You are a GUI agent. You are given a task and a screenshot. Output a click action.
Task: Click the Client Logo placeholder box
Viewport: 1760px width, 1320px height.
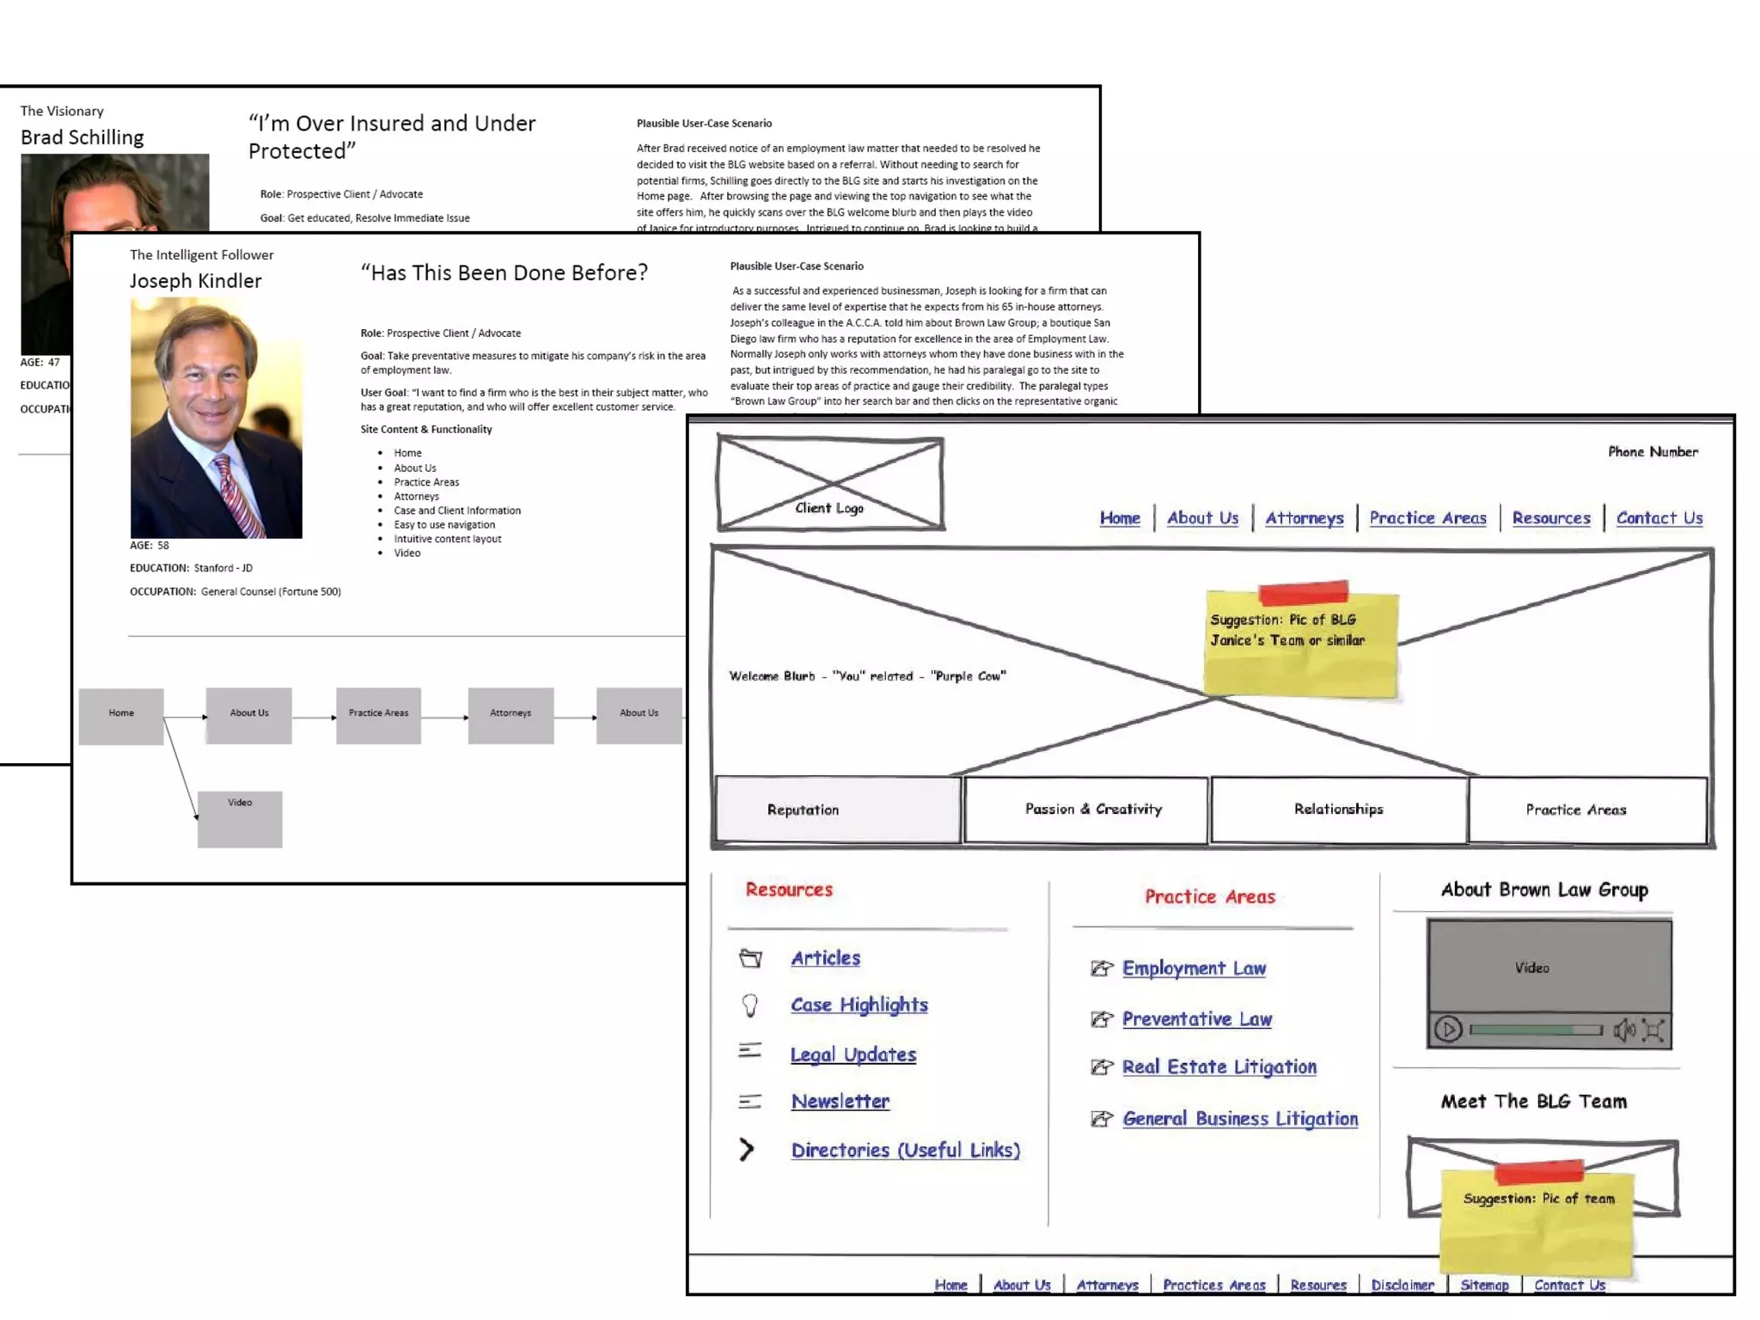[830, 484]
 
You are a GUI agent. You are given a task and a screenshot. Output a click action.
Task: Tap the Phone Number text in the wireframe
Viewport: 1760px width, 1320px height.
[1653, 452]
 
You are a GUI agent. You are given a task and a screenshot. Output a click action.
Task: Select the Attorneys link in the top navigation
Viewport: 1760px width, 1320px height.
[1304, 518]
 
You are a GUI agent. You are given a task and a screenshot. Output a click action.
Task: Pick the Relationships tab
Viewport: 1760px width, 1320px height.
[1338, 810]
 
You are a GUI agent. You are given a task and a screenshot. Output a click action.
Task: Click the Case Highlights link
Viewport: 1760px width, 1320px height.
[859, 1005]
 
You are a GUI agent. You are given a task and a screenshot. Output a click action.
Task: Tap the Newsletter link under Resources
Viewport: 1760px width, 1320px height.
[840, 1102]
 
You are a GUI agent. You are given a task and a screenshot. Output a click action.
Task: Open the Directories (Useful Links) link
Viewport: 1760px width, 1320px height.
[905, 1151]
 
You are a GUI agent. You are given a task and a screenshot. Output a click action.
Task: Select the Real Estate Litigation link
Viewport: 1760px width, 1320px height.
[1219, 1067]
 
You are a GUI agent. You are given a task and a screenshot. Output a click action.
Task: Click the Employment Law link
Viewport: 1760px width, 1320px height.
[1194, 969]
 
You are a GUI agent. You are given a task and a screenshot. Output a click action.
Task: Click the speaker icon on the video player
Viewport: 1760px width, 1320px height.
[1623, 1030]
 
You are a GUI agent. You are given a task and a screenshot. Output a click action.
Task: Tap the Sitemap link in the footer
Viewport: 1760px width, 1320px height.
[1484, 1285]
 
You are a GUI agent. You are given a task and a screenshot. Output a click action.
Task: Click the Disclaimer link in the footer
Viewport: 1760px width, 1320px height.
[1402, 1285]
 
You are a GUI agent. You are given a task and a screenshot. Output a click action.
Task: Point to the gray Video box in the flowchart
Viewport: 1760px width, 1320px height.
[240, 819]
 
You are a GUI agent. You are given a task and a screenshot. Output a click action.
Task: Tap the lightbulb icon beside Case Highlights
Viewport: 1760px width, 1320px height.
[750, 1005]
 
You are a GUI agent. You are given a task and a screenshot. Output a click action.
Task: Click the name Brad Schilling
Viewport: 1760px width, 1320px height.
[82, 137]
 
